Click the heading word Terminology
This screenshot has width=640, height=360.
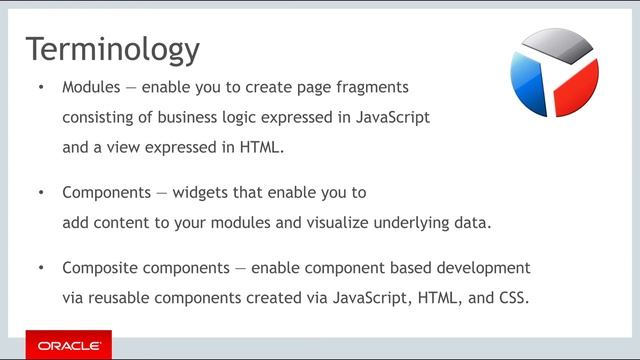pyautogui.click(x=112, y=49)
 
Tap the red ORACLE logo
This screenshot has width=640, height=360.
pyautogui.click(x=69, y=345)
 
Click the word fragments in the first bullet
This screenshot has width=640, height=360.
pyautogui.click(x=370, y=88)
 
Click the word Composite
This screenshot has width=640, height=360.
pyautogui.click(x=99, y=268)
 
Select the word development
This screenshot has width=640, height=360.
pyautogui.click(x=485, y=268)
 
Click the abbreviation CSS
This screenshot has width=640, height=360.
pyautogui.click(x=514, y=297)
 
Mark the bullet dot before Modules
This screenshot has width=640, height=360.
pyautogui.click(x=41, y=88)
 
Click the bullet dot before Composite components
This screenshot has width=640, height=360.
pyautogui.click(x=41, y=268)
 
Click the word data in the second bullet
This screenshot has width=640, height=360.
pyautogui.click(x=473, y=222)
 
